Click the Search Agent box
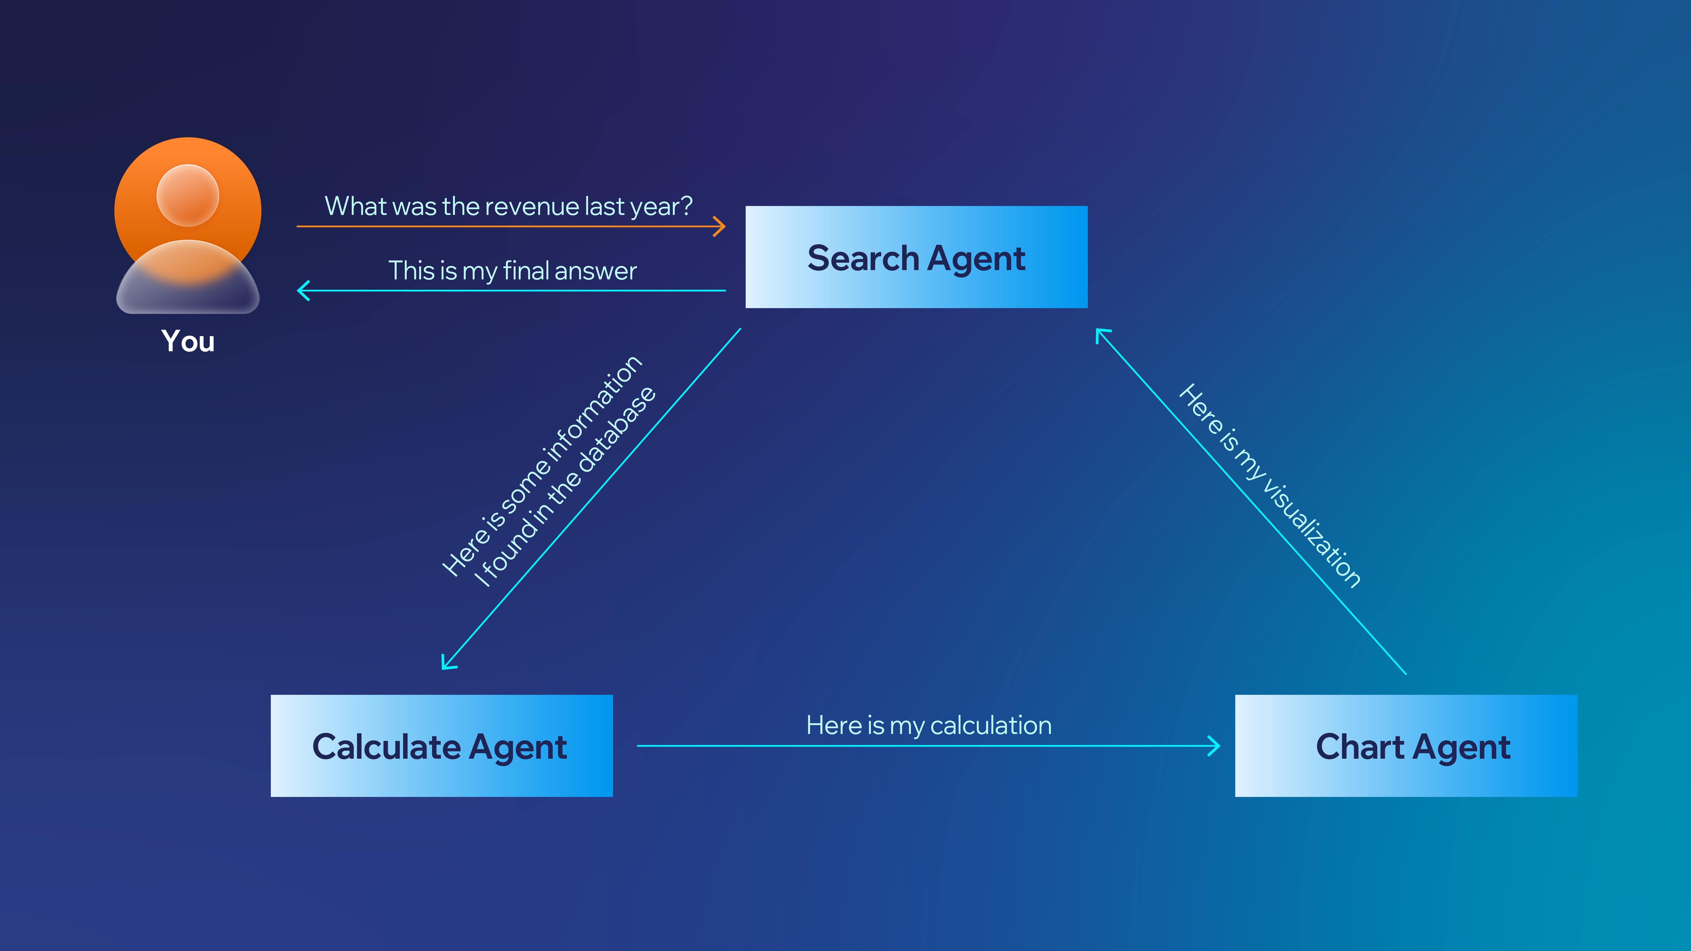[916, 257]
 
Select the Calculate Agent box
[442, 746]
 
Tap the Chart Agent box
[1406, 746]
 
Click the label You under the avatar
[188, 341]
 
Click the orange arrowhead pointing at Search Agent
[720, 226]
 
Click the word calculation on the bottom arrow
[991, 725]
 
